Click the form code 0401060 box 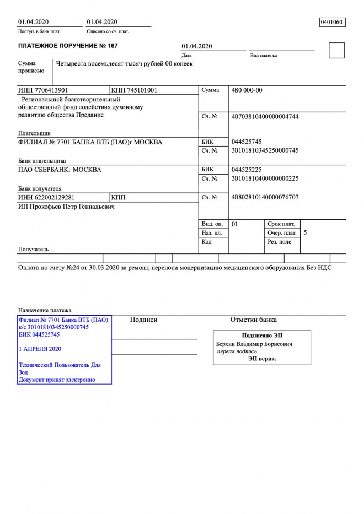pyautogui.click(x=332, y=22)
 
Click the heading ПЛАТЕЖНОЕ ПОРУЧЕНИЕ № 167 pyautogui.click(x=68, y=46)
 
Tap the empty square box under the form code pyautogui.click(x=336, y=50)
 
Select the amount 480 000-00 pyautogui.click(x=247, y=90)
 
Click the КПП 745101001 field pyautogui.click(x=134, y=90)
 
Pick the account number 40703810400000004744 pyautogui.click(x=265, y=117)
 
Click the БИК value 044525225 pyautogui.click(x=247, y=170)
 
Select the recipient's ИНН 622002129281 pyautogui.click(x=46, y=197)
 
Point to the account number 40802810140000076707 pyautogui.click(x=265, y=197)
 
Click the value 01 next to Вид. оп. pyautogui.click(x=235, y=224)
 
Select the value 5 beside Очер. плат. pyautogui.click(x=306, y=233)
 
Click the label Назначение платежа pyautogui.click(x=45, y=310)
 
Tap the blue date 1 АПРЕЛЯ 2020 pyautogui.click(x=40, y=349)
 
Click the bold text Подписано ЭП pyautogui.click(x=263, y=336)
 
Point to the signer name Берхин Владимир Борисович pyautogui.click(x=254, y=344)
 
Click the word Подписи pyautogui.click(x=144, y=320)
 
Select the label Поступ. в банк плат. pyautogui.click(x=39, y=32)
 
